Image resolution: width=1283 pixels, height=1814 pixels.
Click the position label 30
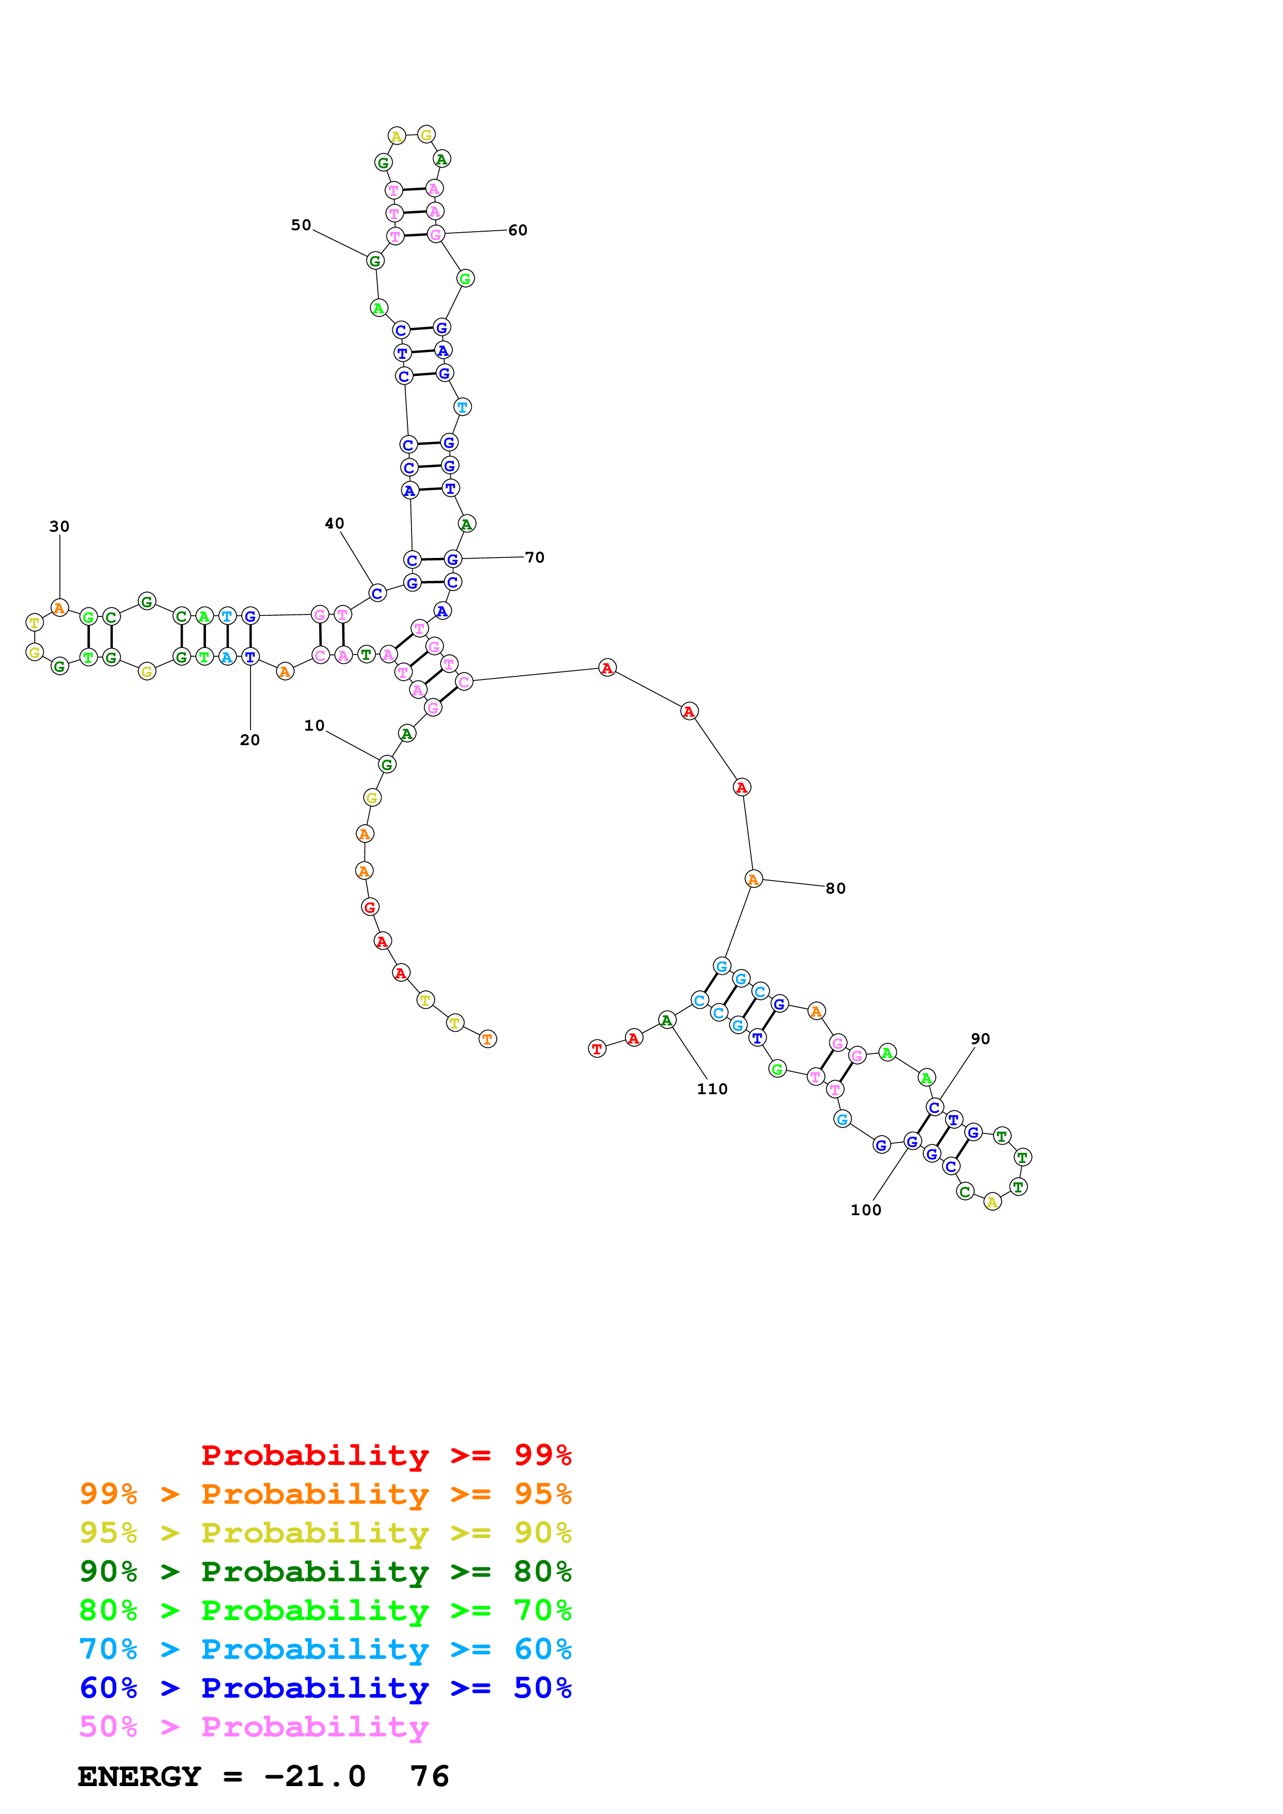[x=60, y=526]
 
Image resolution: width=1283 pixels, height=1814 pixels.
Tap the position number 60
[x=517, y=230]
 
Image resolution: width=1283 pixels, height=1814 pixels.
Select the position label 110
[x=712, y=1089]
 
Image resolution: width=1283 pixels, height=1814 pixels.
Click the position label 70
[x=535, y=557]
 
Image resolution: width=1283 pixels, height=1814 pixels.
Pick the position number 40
[x=334, y=523]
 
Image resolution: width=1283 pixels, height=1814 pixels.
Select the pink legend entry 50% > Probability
[x=253, y=1726]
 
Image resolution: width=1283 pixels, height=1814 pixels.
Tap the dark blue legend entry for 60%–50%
[x=325, y=1688]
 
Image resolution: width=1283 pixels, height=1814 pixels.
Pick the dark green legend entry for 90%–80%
[x=325, y=1571]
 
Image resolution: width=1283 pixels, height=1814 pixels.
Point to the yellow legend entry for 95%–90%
[x=325, y=1533]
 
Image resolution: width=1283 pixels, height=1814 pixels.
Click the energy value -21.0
[x=315, y=1777]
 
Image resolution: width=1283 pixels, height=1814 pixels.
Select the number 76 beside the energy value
[x=429, y=1777]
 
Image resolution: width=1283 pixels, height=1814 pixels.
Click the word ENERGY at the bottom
[x=139, y=1777]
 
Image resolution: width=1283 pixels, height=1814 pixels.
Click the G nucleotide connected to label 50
[x=375, y=261]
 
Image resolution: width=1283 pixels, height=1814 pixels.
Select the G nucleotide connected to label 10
[x=387, y=764]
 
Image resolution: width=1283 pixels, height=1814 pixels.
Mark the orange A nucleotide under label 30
[x=60, y=608]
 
